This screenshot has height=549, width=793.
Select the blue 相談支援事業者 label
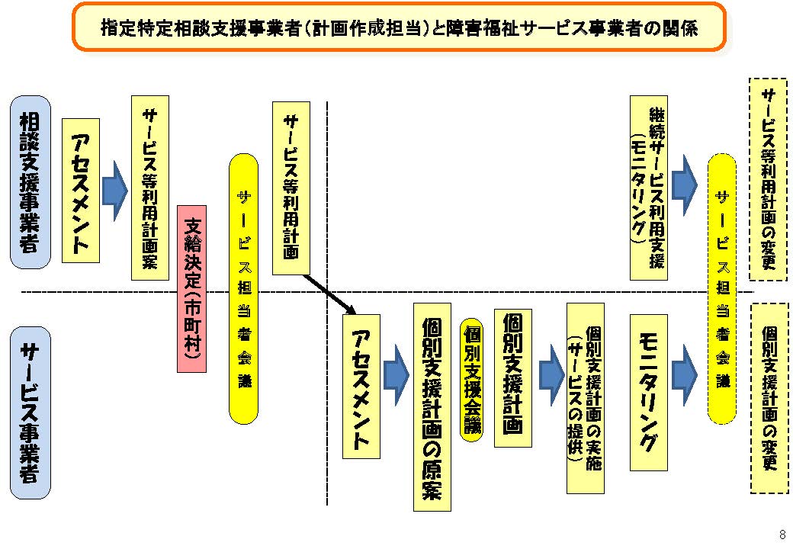click(x=30, y=182)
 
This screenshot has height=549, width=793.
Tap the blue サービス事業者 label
click(x=31, y=413)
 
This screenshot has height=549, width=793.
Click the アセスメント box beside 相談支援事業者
click(x=80, y=191)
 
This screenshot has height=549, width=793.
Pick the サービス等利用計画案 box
click(x=150, y=188)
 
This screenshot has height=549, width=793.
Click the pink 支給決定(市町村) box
click(x=192, y=288)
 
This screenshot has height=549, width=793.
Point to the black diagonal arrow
click(x=329, y=294)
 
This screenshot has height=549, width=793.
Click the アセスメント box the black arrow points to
click(x=361, y=387)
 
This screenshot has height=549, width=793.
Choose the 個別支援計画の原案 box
click(x=432, y=406)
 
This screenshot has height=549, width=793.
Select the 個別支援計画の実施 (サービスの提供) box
click(x=586, y=397)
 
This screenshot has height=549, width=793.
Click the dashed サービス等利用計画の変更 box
click(x=768, y=180)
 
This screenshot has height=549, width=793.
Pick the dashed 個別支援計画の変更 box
click(x=769, y=398)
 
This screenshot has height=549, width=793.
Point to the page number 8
click(x=782, y=533)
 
